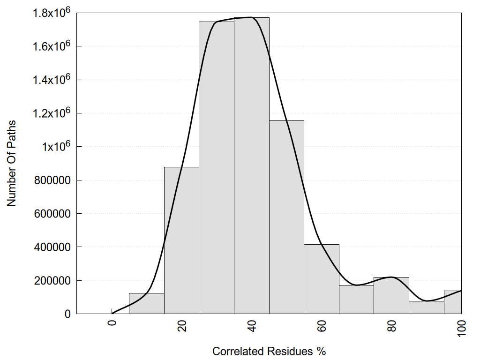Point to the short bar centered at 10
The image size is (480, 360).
[x=147, y=303]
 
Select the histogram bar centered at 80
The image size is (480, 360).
[x=391, y=295]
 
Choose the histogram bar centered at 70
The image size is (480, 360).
[x=356, y=300]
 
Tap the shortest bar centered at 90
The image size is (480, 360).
[x=426, y=307]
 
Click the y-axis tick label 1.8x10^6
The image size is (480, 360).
[x=51, y=13]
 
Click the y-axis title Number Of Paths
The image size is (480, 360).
[x=12, y=163]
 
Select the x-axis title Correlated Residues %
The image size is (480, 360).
[x=269, y=351]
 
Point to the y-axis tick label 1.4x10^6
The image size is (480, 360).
[x=51, y=80]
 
